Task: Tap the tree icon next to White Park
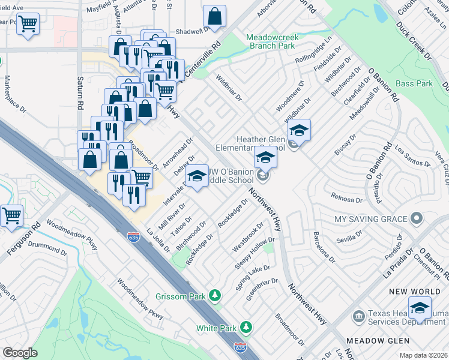(245, 327)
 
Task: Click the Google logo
(20, 353)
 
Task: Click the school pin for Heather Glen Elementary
(299, 130)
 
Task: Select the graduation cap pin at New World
(420, 308)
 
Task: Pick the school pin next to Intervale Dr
(196, 176)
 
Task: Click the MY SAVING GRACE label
(371, 219)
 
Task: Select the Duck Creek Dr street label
(415, 40)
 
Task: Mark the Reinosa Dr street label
(347, 197)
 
